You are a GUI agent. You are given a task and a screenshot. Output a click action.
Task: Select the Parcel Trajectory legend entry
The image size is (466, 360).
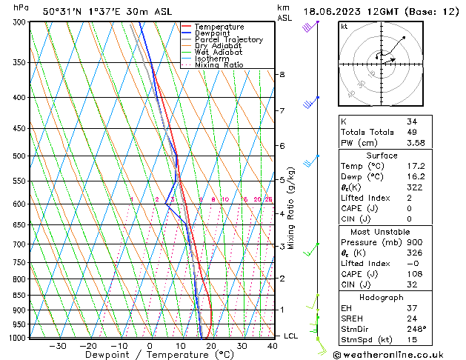click(x=228, y=39)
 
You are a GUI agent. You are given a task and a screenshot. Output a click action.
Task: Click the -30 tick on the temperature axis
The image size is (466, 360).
click(x=58, y=346)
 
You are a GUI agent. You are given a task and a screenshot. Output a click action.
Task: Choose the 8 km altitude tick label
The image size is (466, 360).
click(x=282, y=75)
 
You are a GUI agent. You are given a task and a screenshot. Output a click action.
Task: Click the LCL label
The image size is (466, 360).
click(x=292, y=336)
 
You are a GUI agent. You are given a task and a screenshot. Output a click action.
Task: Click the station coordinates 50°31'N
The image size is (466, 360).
click(x=59, y=11)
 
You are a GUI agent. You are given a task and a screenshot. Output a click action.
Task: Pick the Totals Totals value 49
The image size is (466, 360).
click(x=411, y=132)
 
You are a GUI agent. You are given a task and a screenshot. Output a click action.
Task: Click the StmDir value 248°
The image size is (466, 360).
click(x=416, y=329)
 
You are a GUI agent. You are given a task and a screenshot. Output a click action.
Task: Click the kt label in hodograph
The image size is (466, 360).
click(x=344, y=27)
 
